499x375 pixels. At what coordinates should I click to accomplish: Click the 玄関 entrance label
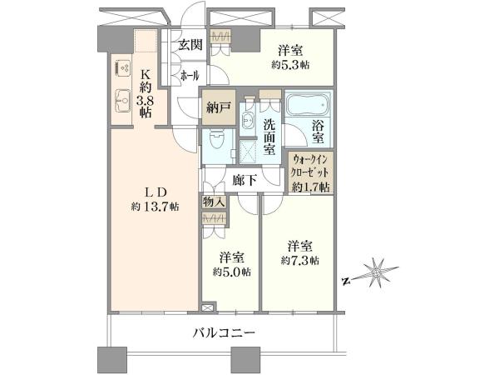[x=190, y=45]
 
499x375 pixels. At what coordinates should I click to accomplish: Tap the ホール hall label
[x=190, y=76]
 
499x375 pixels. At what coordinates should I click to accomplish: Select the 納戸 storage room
[x=219, y=107]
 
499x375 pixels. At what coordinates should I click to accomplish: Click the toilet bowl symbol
[x=218, y=141]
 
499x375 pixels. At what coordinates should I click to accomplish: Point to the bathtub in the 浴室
[x=308, y=104]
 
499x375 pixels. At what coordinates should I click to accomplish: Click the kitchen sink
[x=122, y=100]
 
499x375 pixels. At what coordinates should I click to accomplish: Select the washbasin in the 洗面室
[x=247, y=120]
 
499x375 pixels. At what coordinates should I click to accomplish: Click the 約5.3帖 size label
[x=290, y=65]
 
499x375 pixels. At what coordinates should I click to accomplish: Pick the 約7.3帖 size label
[x=299, y=261]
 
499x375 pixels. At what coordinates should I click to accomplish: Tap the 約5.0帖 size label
[x=232, y=272]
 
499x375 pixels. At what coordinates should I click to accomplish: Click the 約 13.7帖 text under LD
[x=155, y=207]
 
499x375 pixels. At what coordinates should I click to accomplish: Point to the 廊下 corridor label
[x=245, y=181]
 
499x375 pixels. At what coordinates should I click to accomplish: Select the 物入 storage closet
[x=214, y=202]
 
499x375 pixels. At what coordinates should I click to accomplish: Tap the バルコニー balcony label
[x=225, y=333]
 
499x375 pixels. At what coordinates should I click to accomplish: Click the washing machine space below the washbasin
[x=248, y=152]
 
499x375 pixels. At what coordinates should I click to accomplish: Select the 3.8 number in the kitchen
[x=145, y=102]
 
